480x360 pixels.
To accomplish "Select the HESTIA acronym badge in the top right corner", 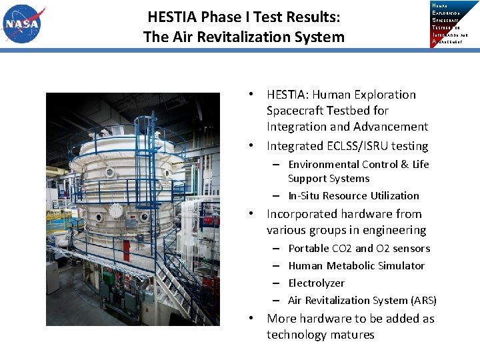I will pos(455,23).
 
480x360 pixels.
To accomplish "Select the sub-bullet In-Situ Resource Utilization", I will pos(353,196).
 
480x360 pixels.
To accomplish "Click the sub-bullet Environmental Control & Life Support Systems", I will pos(358,171).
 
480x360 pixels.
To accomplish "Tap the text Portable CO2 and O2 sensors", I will pos(359,249).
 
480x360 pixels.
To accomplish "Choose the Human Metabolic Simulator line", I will pos(356,266).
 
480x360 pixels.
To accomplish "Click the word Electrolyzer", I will pos(316,283).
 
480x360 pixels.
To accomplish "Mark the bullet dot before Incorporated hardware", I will pos(253,215).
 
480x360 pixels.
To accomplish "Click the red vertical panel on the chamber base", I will pos(127,252).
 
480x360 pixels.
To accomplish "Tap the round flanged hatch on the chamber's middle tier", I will pos(115,211).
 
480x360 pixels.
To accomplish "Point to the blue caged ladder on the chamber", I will pos(143,153).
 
